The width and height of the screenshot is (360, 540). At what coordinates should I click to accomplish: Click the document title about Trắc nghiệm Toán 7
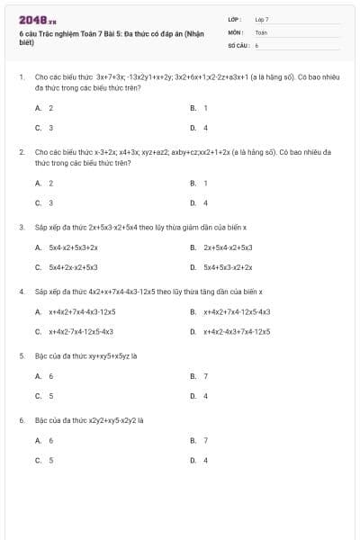pos(112,37)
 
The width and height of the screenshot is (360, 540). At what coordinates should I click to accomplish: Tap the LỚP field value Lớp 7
pos(262,19)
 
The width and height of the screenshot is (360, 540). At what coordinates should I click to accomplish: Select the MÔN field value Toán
pos(261,31)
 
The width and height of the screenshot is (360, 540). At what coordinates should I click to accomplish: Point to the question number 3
pos(21,228)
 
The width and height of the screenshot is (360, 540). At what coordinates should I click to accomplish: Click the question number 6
pos(21,420)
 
